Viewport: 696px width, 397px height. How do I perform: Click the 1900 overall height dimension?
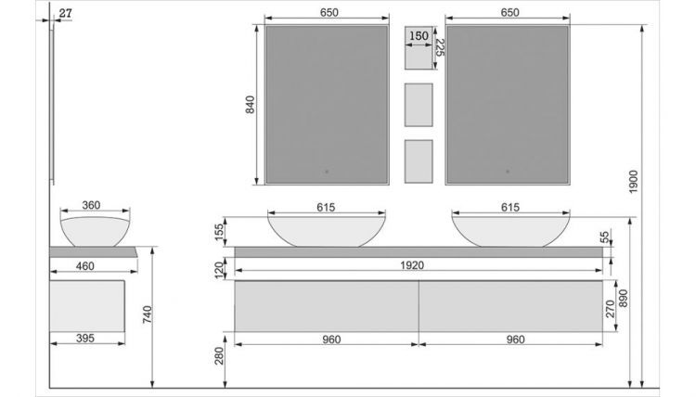pyautogui.click(x=634, y=182)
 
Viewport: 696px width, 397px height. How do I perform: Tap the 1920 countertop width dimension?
pyautogui.click(x=412, y=265)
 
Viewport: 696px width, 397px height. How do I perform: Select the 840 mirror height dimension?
pyautogui.click(x=251, y=105)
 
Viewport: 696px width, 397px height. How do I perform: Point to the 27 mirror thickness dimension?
pyautogui.click(x=65, y=13)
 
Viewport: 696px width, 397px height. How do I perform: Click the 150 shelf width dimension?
pyautogui.click(x=419, y=36)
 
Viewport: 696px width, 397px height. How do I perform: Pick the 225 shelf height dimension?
pyautogui.click(x=439, y=47)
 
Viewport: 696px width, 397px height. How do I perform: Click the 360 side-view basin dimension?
pyautogui.click(x=91, y=205)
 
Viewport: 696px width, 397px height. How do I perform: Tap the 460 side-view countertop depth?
pyautogui.click(x=84, y=265)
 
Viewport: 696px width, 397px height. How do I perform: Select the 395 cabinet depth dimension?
pyautogui.click(x=84, y=338)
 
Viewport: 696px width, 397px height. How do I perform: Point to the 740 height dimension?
pyautogui.click(x=148, y=314)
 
